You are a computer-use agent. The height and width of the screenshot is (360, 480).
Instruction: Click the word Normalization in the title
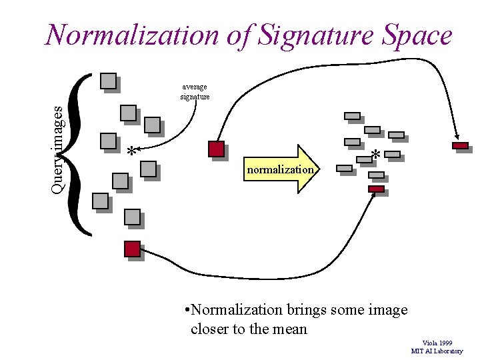coord(123,35)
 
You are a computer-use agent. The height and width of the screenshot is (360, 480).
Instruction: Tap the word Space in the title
coord(417,35)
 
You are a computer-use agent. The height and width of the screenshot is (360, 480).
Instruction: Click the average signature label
coord(195,91)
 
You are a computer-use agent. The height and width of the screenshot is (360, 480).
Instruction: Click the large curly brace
coord(79,153)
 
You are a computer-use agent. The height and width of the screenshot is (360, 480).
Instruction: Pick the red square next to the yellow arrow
coord(216,149)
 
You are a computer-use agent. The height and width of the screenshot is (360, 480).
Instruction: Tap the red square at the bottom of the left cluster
coord(132,249)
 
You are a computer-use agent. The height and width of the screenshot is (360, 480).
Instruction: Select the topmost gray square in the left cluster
coord(107,81)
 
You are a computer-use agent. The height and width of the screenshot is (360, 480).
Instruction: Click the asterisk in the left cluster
coord(132,153)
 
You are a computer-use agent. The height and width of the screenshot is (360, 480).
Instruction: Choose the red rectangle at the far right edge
coord(460,145)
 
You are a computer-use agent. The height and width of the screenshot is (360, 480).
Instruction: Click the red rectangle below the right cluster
coord(376,189)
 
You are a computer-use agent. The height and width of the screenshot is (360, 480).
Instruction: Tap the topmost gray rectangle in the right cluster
coord(352,116)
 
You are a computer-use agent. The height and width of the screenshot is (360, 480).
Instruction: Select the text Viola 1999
coord(437,343)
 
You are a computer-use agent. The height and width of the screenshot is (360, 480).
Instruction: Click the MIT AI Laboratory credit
coord(437,351)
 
